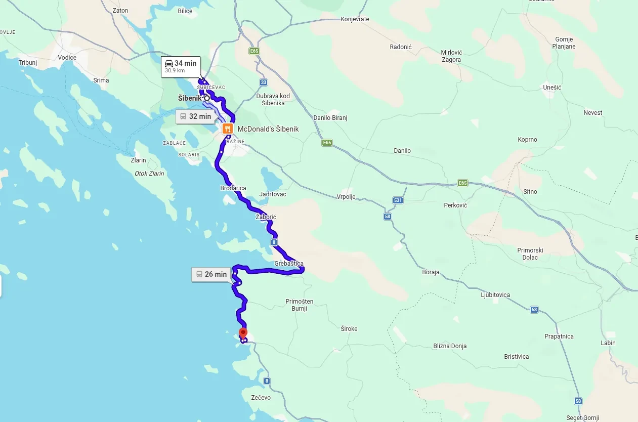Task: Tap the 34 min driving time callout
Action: [x=181, y=66]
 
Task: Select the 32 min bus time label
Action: [x=195, y=116]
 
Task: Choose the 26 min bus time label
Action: [x=211, y=274]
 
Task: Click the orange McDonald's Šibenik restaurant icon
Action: [x=227, y=129]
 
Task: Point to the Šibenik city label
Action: [x=189, y=98]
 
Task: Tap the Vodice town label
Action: [x=67, y=57]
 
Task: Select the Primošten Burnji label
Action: [x=300, y=305]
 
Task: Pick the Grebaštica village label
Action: [x=289, y=264]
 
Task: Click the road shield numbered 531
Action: [x=398, y=200]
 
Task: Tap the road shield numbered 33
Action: [x=263, y=82]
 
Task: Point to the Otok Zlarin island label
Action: [x=149, y=174]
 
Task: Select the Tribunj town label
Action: [x=28, y=63]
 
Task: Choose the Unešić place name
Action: [x=551, y=88]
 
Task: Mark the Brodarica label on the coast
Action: [x=233, y=188]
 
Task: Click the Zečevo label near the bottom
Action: [x=261, y=397]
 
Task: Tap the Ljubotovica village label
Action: [x=495, y=295]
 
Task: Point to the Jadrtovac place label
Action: [x=272, y=194]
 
